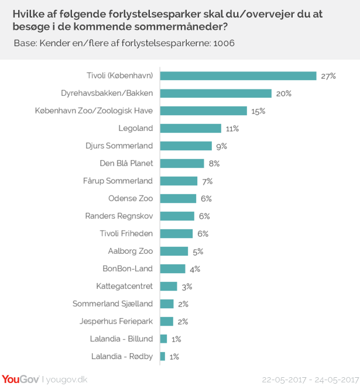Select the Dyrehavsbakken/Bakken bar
(216, 94)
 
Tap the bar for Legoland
(191, 129)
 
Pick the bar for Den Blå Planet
(182, 164)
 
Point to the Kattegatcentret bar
(169, 287)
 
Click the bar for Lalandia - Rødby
(163, 356)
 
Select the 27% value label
(328, 76)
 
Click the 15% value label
(259, 111)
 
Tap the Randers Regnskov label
(119, 216)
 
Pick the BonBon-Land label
(128, 269)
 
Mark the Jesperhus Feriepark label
(116, 322)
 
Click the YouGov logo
(20, 378)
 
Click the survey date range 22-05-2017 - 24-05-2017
(310, 379)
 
